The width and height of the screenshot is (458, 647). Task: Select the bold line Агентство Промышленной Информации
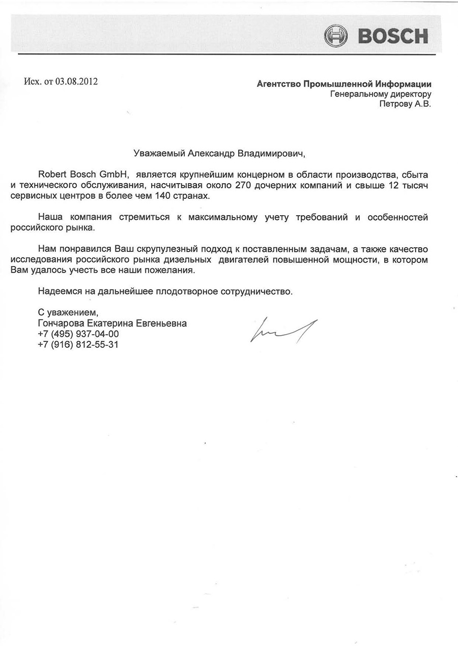344,84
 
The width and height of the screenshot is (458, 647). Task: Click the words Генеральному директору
381,94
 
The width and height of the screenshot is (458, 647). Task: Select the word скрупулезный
176,249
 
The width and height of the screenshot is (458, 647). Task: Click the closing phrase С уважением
67,313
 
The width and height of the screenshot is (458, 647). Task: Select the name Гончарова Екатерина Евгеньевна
112,323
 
